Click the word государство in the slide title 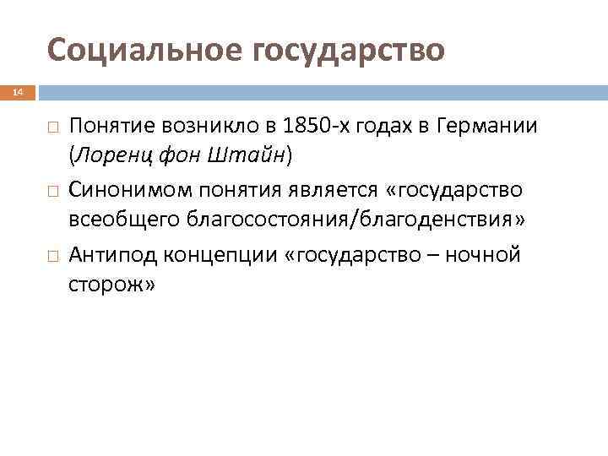tap(347, 50)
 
